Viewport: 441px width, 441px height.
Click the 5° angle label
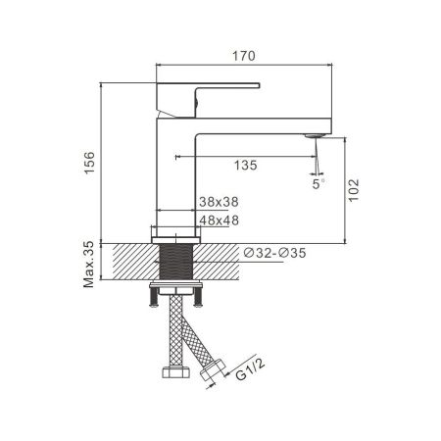coord(317,182)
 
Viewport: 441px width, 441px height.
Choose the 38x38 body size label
coord(219,201)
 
